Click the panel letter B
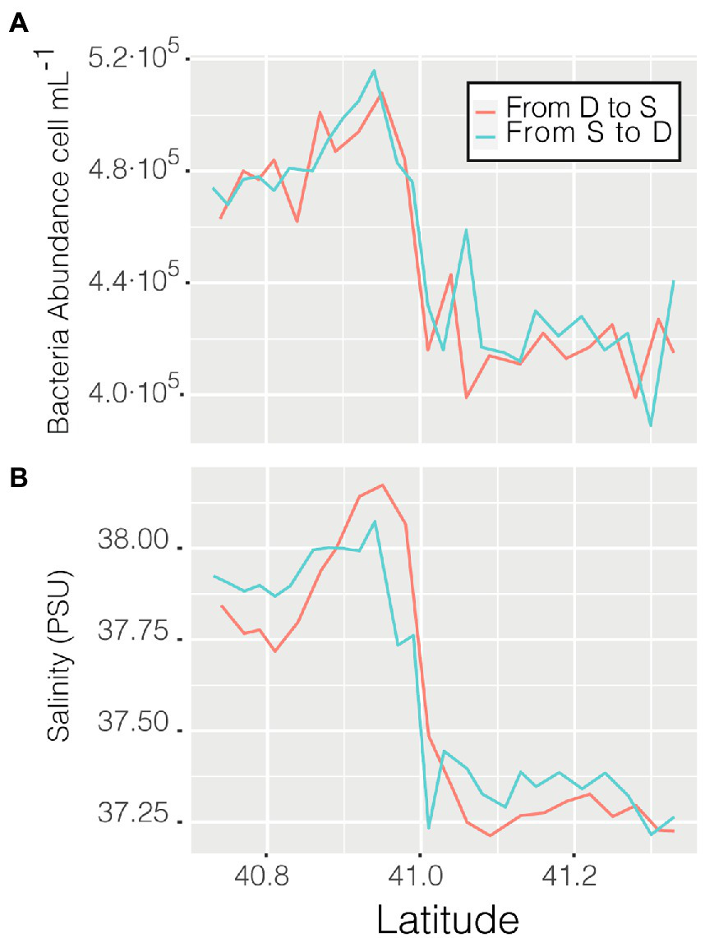pyautogui.click(x=17, y=477)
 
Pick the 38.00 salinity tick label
pyautogui.click(x=131, y=543)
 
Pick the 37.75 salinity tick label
pyautogui.click(x=131, y=634)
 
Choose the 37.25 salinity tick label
pyautogui.click(x=131, y=817)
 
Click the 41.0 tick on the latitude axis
pyautogui.click(x=420, y=876)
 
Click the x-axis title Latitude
pyautogui.click(x=448, y=917)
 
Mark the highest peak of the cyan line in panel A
pyautogui.click(x=374, y=71)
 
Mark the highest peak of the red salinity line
pyautogui.click(x=382, y=485)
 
